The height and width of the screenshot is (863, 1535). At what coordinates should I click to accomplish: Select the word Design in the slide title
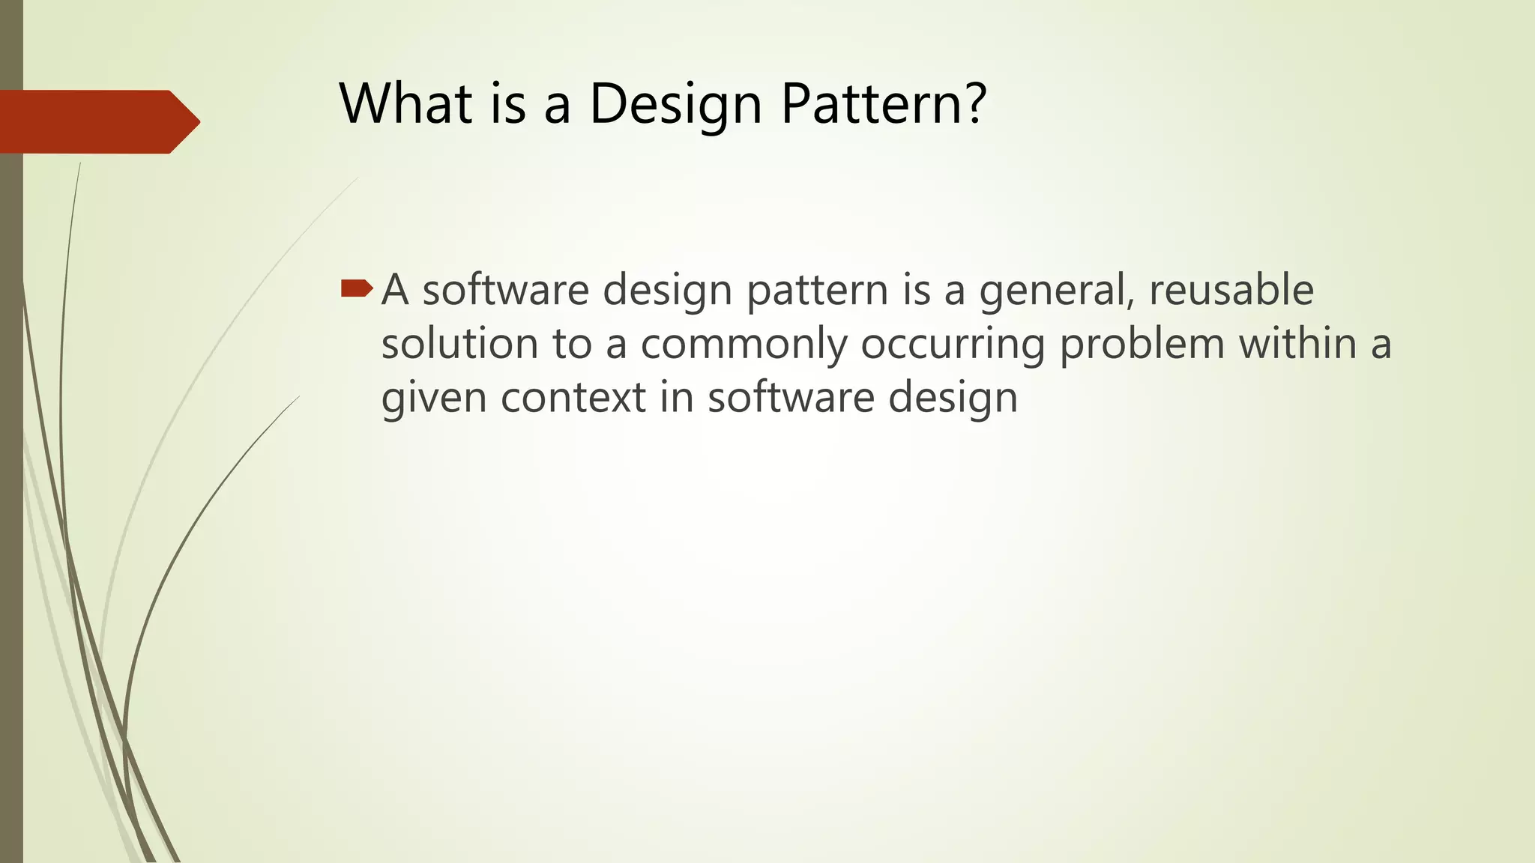tap(675, 104)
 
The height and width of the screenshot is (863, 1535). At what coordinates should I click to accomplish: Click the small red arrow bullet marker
tap(356, 288)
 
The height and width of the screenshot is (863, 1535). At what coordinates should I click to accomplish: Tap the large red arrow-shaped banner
tap(97, 121)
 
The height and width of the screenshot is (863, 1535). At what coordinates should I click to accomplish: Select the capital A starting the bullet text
tap(394, 290)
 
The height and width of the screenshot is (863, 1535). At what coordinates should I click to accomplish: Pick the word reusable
tap(1231, 290)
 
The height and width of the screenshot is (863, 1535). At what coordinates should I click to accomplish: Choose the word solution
tap(459, 344)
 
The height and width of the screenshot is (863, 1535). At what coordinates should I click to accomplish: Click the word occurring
tap(952, 345)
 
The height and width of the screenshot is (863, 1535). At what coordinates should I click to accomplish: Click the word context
tap(573, 398)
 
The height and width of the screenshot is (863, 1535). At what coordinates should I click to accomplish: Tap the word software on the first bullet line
tap(505, 290)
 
